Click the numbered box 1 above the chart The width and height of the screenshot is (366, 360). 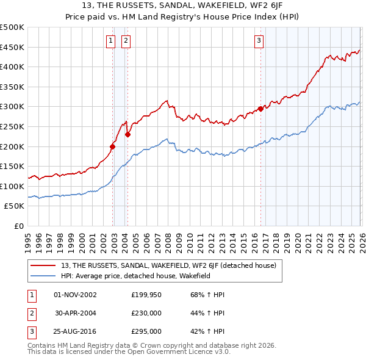[110, 41]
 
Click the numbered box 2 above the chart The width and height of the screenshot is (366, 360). [125, 41]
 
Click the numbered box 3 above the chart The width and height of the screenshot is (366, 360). [259, 41]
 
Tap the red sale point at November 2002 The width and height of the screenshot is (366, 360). [113, 146]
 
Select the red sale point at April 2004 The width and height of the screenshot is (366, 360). [128, 135]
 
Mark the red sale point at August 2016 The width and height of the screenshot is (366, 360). [261, 109]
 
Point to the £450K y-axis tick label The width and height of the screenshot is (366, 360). [12, 47]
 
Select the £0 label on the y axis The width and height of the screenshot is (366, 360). [18, 226]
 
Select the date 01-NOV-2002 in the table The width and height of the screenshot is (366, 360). [75, 294]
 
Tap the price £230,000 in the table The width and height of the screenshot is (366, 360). [146, 312]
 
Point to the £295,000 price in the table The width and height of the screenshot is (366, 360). [146, 331]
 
